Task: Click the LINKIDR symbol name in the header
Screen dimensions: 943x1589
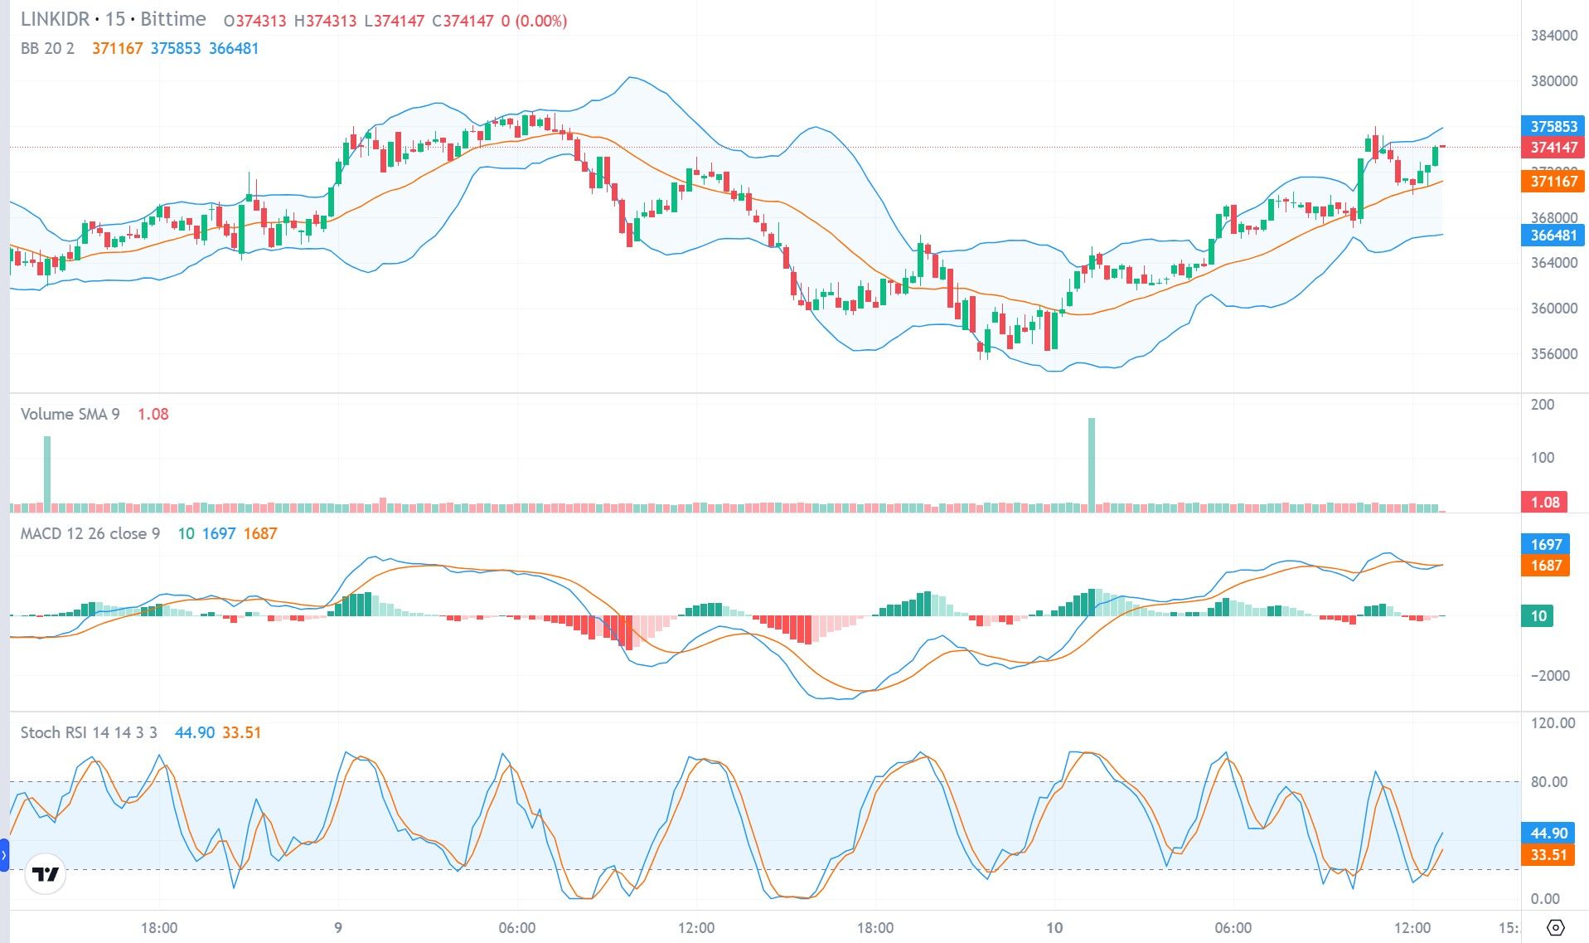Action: (x=54, y=19)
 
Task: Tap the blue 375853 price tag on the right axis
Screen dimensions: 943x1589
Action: (x=1553, y=126)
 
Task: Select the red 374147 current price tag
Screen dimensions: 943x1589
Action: (x=1553, y=148)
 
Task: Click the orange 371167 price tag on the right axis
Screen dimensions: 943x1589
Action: (x=1553, y=181)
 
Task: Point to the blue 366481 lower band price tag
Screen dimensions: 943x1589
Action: (x=1553, y=236)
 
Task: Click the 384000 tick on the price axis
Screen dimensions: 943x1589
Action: (x=1553, y=36)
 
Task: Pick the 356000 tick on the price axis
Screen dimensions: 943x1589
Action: (x=1553, y=354)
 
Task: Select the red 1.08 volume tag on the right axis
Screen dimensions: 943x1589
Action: (x=1544, y=502)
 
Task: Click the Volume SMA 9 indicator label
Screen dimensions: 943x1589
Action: (x=70, y=414)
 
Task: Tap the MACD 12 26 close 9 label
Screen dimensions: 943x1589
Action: (x=90, y=533)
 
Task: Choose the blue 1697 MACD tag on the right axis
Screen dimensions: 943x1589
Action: (x=1546, y=544)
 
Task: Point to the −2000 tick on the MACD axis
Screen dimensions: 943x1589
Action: (x=1548, y=675)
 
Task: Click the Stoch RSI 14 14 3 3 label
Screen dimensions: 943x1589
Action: (x=89, y=732)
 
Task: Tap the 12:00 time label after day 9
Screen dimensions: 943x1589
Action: (x=695, y=927)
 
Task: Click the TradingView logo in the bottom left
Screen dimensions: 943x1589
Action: (x=45, y=874)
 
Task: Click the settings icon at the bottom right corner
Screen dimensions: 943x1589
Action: (x=1555, y=927)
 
